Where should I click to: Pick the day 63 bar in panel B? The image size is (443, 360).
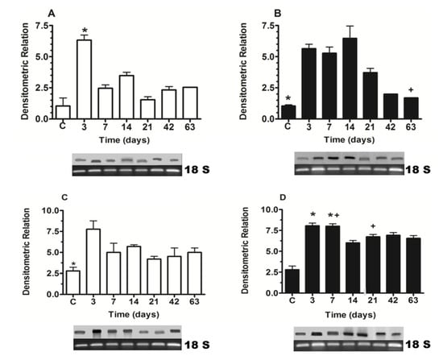[x=411, y=108]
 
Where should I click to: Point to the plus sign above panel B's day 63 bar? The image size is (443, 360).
[x=411, y=89]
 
